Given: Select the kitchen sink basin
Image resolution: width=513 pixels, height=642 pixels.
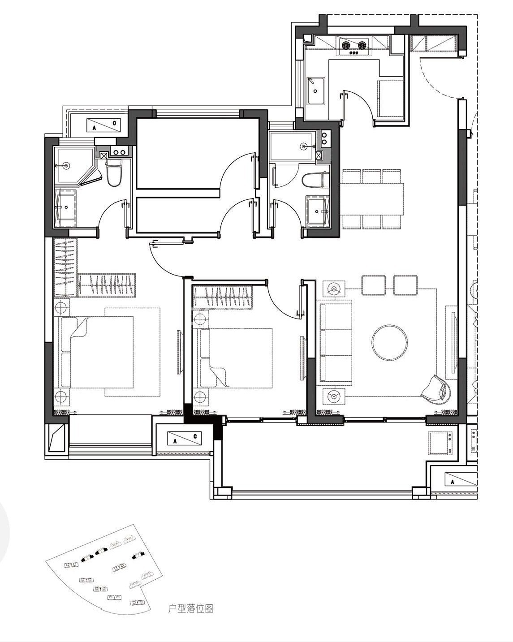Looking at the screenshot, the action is (316, 91).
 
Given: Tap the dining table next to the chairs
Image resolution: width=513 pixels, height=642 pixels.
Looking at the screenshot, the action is (371, 198).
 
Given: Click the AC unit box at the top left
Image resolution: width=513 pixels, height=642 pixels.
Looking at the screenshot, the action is (103, 125).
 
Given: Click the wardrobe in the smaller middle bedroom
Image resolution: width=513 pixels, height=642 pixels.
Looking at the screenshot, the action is (223, 297).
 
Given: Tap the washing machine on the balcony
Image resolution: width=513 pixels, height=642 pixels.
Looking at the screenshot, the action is (440, 443).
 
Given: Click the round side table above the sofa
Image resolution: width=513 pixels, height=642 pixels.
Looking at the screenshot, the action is (334, 288).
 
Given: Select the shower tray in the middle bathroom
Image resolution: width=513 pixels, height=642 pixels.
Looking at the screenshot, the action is (292, 146).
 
